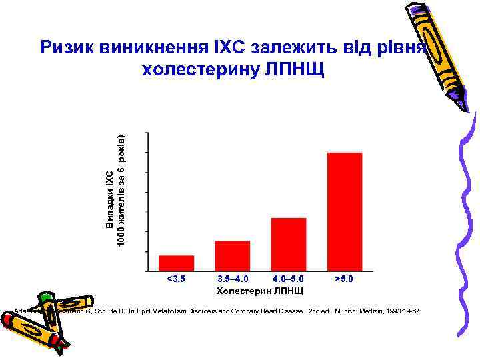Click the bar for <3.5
pos(176,263)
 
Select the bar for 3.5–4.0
pos(232,256)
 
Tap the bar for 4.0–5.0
pos(289,245)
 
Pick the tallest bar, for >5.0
pos(345,212)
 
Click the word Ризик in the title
pos(67,47)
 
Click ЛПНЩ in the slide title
pos(299,69)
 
